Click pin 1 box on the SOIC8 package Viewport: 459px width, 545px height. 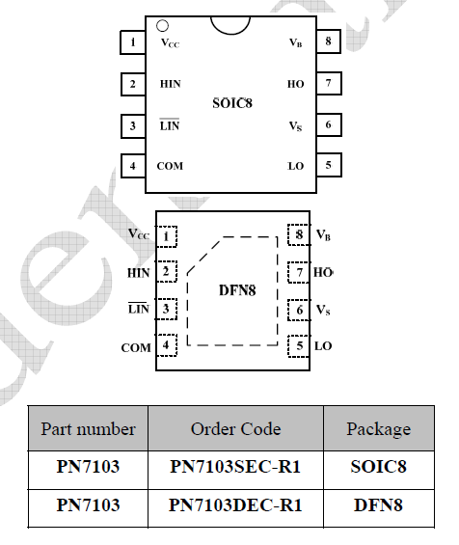133,42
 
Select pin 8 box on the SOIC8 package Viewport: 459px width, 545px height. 329,41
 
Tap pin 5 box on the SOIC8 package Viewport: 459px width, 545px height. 329,165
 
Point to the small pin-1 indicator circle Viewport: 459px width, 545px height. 162,26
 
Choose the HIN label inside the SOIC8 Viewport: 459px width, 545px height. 171,84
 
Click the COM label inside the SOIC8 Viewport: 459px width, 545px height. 170,166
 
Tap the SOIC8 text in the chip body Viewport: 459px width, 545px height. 232,103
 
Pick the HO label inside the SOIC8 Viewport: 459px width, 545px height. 296,84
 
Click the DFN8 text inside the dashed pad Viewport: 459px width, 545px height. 237,290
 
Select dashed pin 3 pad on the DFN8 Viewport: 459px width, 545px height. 166,309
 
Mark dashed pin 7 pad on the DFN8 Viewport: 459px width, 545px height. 299,272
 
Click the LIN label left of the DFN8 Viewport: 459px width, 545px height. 139,309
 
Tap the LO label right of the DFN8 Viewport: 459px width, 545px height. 323,346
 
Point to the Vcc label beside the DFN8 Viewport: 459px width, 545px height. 139,233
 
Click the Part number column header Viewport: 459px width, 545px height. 89,429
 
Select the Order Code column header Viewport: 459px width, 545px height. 235,429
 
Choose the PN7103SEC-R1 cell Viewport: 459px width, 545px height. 235,467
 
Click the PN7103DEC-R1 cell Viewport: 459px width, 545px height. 235,505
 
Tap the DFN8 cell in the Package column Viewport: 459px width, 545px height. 378,505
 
